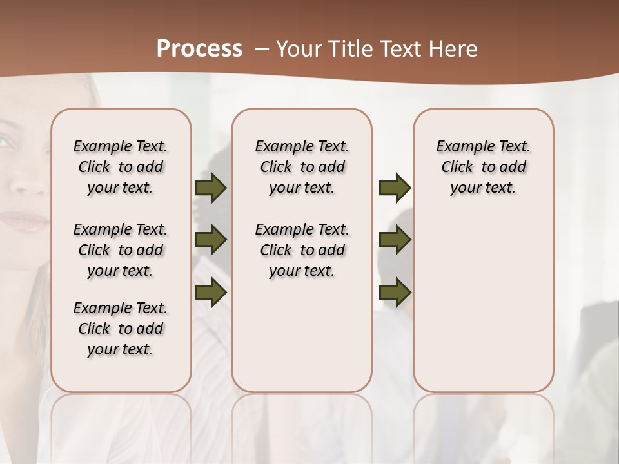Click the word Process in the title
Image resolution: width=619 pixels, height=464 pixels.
point(199,49)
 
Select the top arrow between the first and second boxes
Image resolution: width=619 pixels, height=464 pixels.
point(211,188)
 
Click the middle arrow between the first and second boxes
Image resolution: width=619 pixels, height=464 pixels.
point(211,240)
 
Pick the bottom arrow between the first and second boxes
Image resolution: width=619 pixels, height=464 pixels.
point(211,293)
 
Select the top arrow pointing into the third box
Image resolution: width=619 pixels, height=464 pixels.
point(395,188)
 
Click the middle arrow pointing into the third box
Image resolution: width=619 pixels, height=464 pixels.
point(395,240)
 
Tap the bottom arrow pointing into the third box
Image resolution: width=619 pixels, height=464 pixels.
point(395,293)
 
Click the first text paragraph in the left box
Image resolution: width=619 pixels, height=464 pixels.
point(121,167)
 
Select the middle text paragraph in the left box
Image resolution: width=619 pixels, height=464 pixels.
point(121,250)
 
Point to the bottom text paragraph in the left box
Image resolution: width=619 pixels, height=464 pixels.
point(121,329)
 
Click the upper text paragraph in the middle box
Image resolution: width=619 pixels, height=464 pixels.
point(302,167)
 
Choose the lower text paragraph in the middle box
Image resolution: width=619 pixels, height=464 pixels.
point(302,250)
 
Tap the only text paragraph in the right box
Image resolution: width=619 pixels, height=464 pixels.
point(484,167)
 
